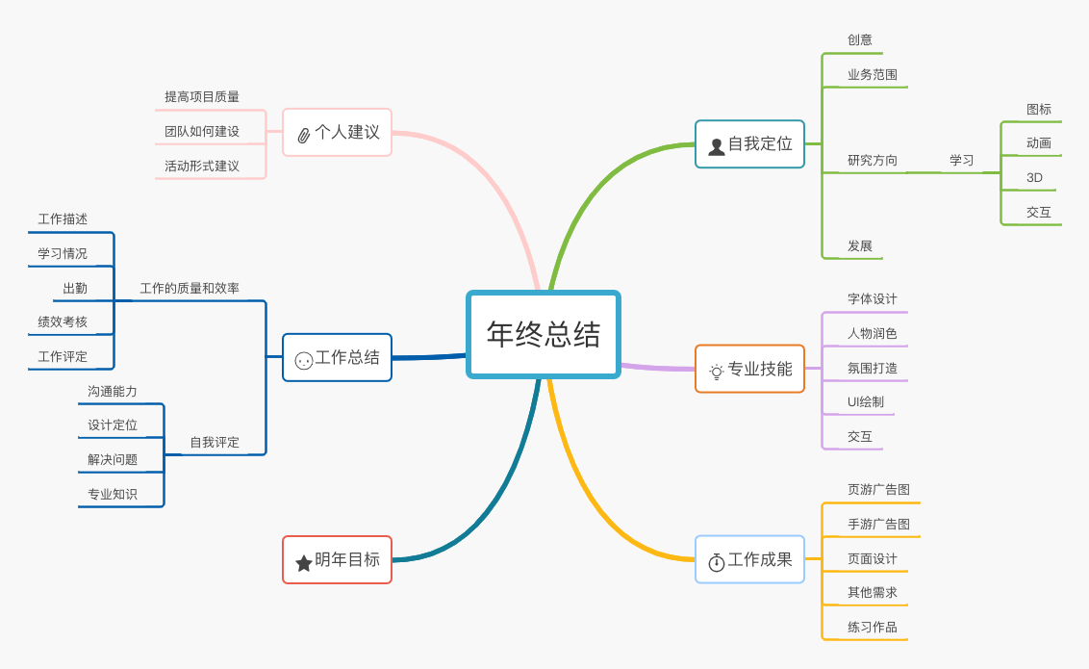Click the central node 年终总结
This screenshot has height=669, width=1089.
point(544,334)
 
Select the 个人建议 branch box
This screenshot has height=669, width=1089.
point(338,133)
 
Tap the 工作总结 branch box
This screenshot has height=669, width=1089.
point(338,358)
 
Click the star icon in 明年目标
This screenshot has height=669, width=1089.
point(304,562)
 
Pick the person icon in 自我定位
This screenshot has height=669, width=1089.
point(717,146)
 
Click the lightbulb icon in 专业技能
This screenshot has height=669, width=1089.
point(717,372)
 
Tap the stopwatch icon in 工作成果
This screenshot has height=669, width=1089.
point(717,562)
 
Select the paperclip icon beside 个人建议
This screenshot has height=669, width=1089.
point(304,135)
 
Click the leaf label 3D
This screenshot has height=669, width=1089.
point(1034,178)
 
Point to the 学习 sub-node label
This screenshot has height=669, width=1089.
point(962,161)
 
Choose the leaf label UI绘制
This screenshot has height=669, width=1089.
point(866,402)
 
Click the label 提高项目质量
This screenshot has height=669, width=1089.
point(202,97)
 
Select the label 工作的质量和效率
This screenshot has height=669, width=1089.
point(190,289)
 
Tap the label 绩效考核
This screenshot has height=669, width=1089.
point(63,322)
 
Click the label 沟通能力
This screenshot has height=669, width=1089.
point(113,392)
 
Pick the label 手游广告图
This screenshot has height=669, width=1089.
point(878,525)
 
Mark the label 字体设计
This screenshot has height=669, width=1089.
point(873,299)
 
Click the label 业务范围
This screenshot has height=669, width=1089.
point(873,75)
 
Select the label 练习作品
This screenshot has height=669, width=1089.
point(873,628)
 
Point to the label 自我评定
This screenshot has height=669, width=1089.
point(215,443)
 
